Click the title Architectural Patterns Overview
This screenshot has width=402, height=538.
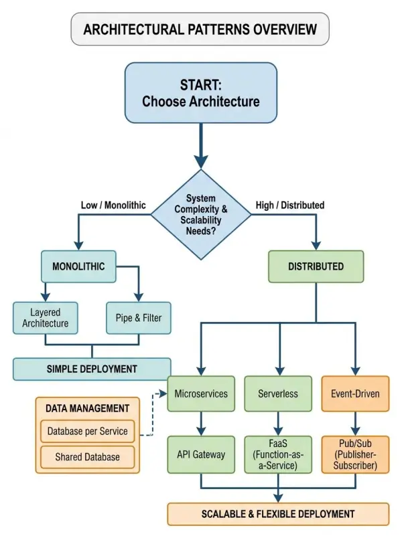click(x=200, y=29)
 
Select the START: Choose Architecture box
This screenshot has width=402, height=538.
click(x=200, y=93)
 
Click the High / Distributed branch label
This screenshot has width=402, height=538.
click(x=290, y=205)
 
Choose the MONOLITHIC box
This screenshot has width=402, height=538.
click(x=78, y=266)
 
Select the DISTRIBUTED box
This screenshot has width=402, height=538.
click(x=316, y=266)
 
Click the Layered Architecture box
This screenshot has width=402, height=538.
click(x=45, y=318)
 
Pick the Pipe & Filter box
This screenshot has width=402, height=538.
click(x=139, y=318)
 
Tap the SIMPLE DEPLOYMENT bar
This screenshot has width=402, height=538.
click(x=92, y=369)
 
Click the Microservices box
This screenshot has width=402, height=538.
click(x=201, y=393)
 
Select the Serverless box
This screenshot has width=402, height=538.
click(x=277, y=393)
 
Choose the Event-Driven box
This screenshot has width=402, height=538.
click(x=355, y=393)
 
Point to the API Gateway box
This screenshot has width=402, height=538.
click(x=201, y=454)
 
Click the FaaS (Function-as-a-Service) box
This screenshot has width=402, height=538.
click(x=277, y=454)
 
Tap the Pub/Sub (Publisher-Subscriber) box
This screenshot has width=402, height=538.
click(x=355, y=454)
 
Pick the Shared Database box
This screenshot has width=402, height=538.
click(x=87, y=457)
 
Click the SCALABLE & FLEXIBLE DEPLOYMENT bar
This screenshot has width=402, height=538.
click(x=277, y=514)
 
